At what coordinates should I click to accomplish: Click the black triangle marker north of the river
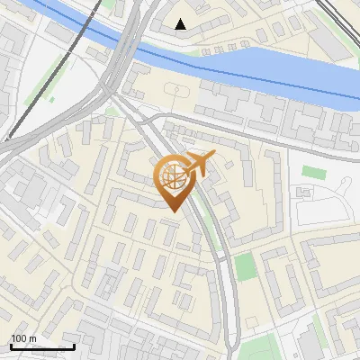pyautogui.click(x=181, y=24)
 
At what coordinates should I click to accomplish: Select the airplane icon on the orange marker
pyautogui.click(x=199, y=164)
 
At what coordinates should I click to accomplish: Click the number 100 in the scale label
pyautogui.click(x=19, y=339)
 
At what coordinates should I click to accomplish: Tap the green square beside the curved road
pyautogui.click(x=244, y=266)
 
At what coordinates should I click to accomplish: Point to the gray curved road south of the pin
pyautogui.click(x=225, y=288)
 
